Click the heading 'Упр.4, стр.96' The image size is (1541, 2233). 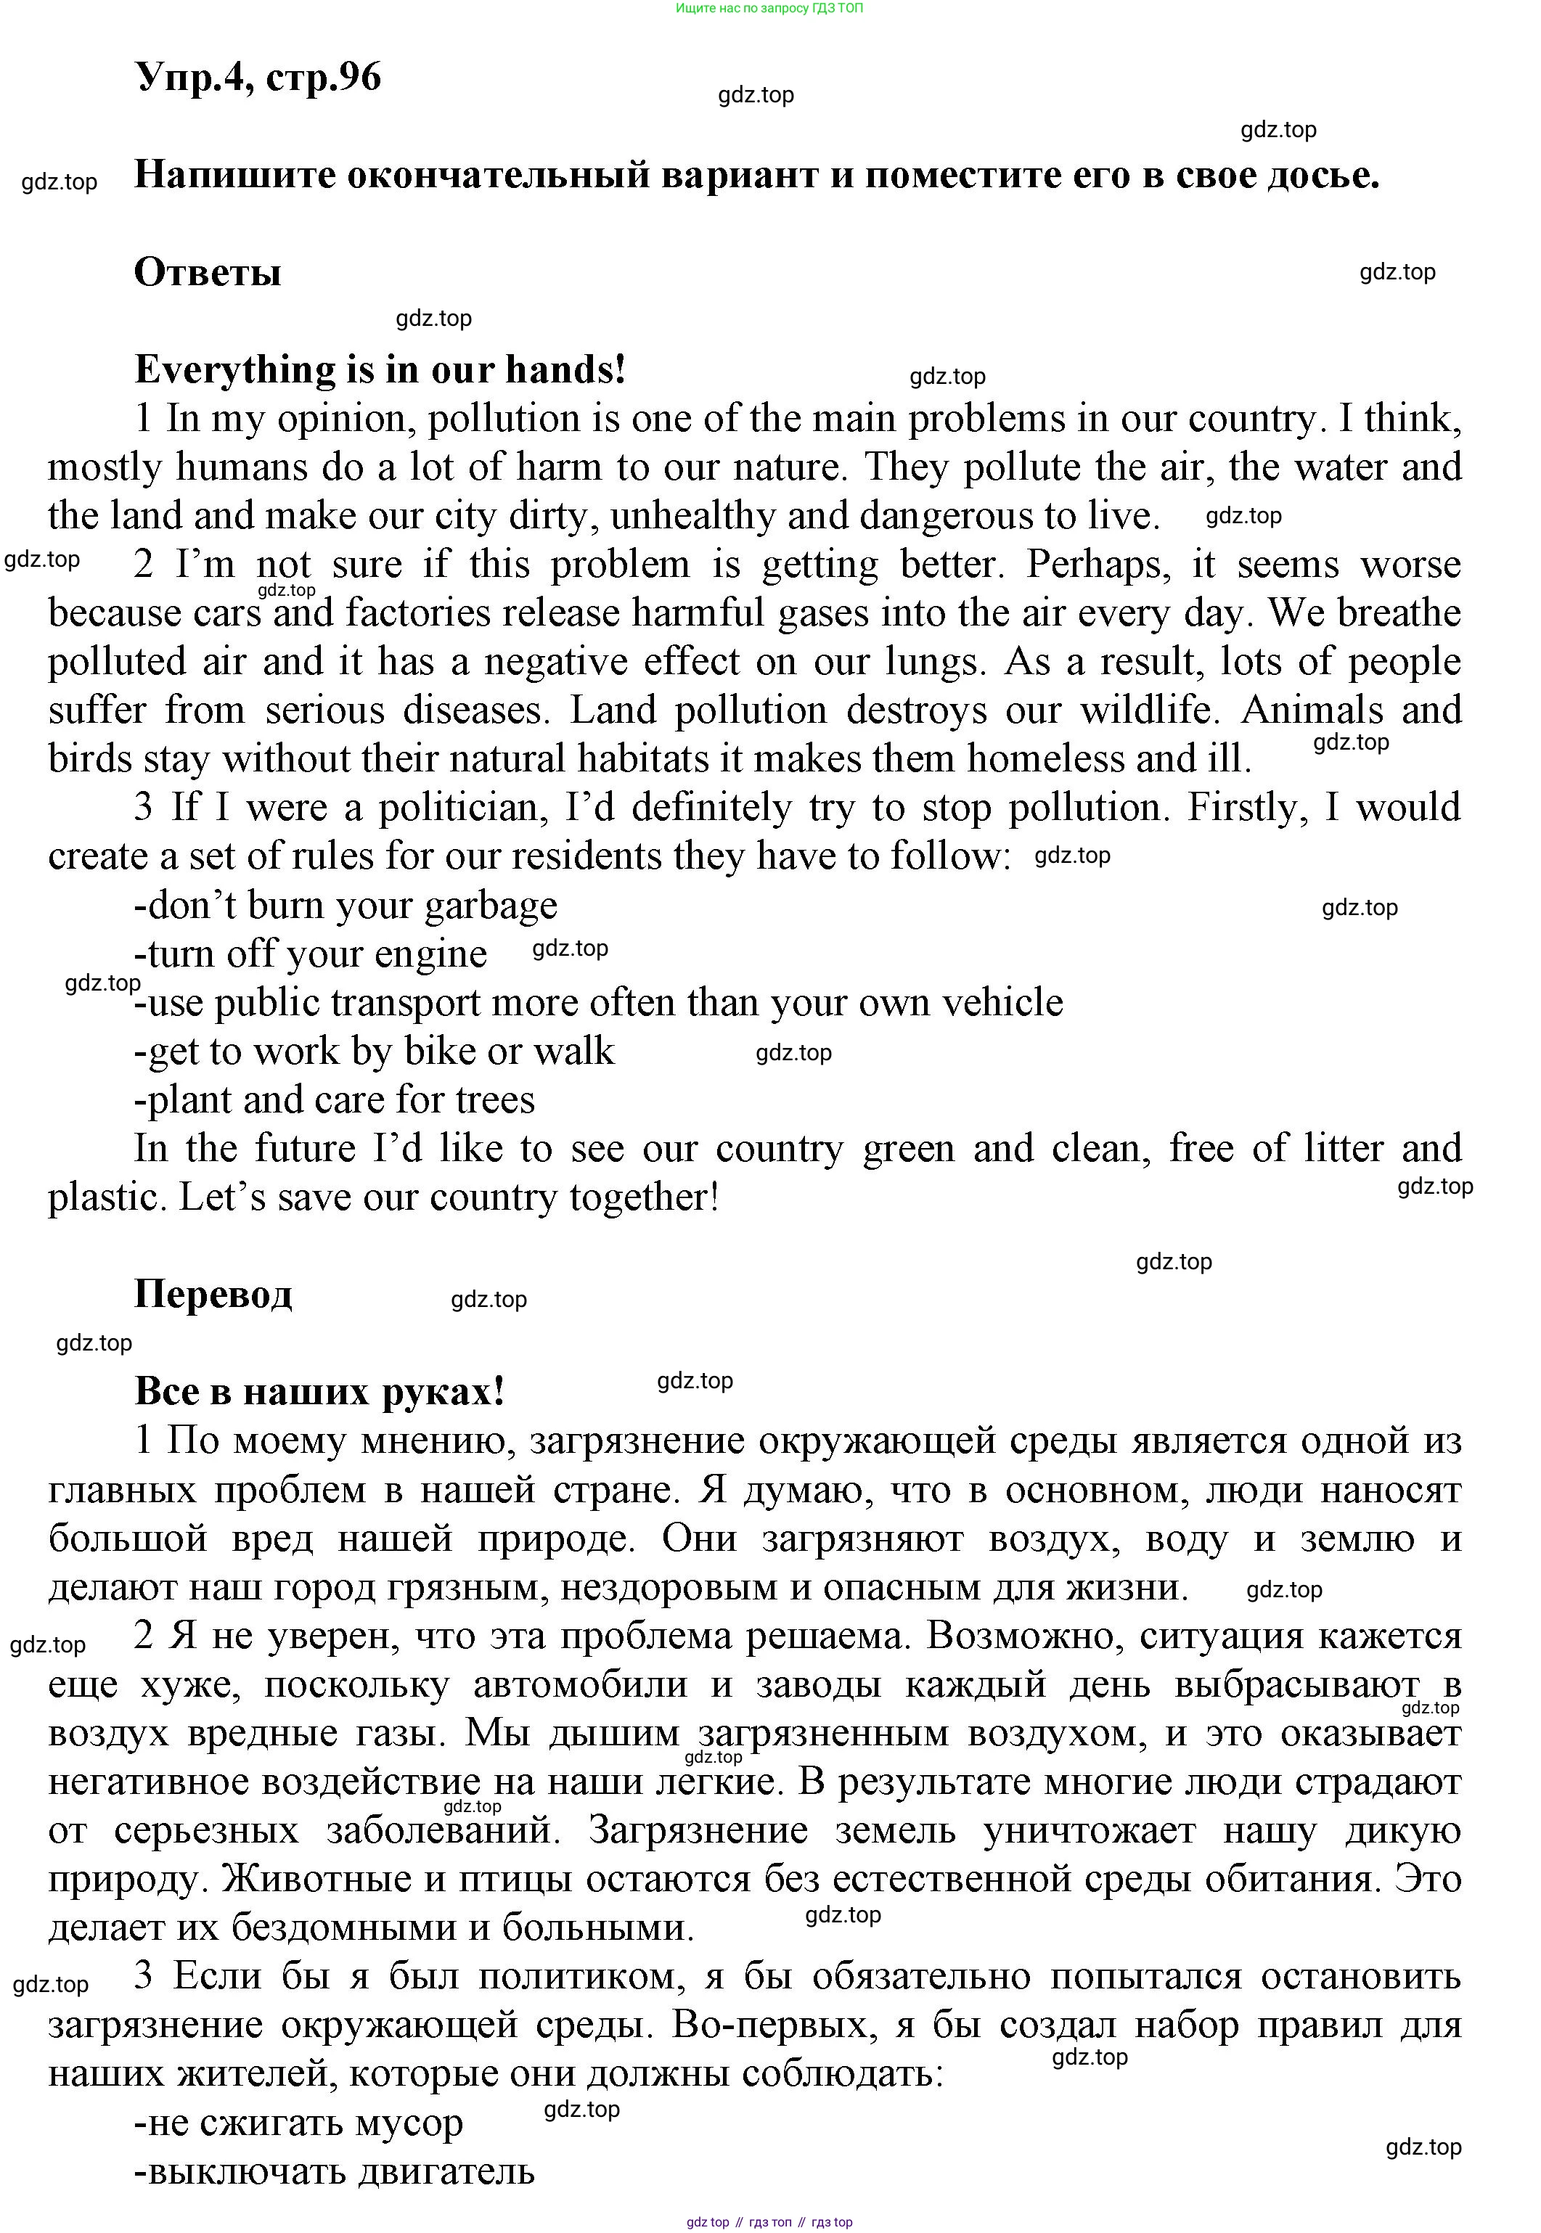point(258,76)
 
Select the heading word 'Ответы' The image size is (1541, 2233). point(208,272)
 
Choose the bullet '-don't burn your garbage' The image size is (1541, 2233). point(346,906)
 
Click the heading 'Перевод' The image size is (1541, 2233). point(213,1295)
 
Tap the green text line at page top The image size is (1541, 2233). point(769,8)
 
